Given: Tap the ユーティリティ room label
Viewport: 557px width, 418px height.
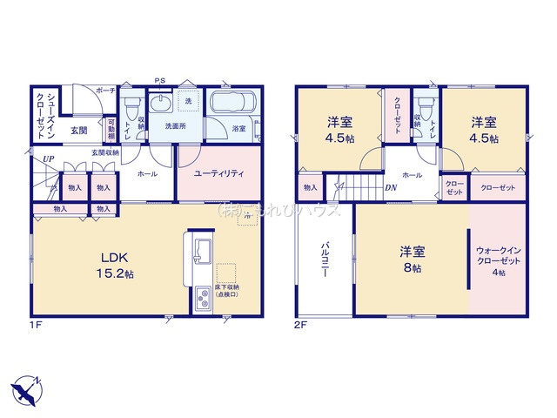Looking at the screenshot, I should coord(218,173).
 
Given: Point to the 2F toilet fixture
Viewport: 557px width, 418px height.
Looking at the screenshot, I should coord(428,111).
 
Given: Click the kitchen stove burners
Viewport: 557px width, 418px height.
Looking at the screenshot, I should coord(202,299).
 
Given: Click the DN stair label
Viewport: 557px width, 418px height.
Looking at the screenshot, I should coord(392,186).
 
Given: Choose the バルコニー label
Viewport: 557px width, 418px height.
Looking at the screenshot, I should coord(324,260).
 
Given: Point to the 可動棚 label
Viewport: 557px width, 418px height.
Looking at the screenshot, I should coord(111,131).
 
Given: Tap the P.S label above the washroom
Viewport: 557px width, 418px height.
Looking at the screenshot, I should coord(160,82).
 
